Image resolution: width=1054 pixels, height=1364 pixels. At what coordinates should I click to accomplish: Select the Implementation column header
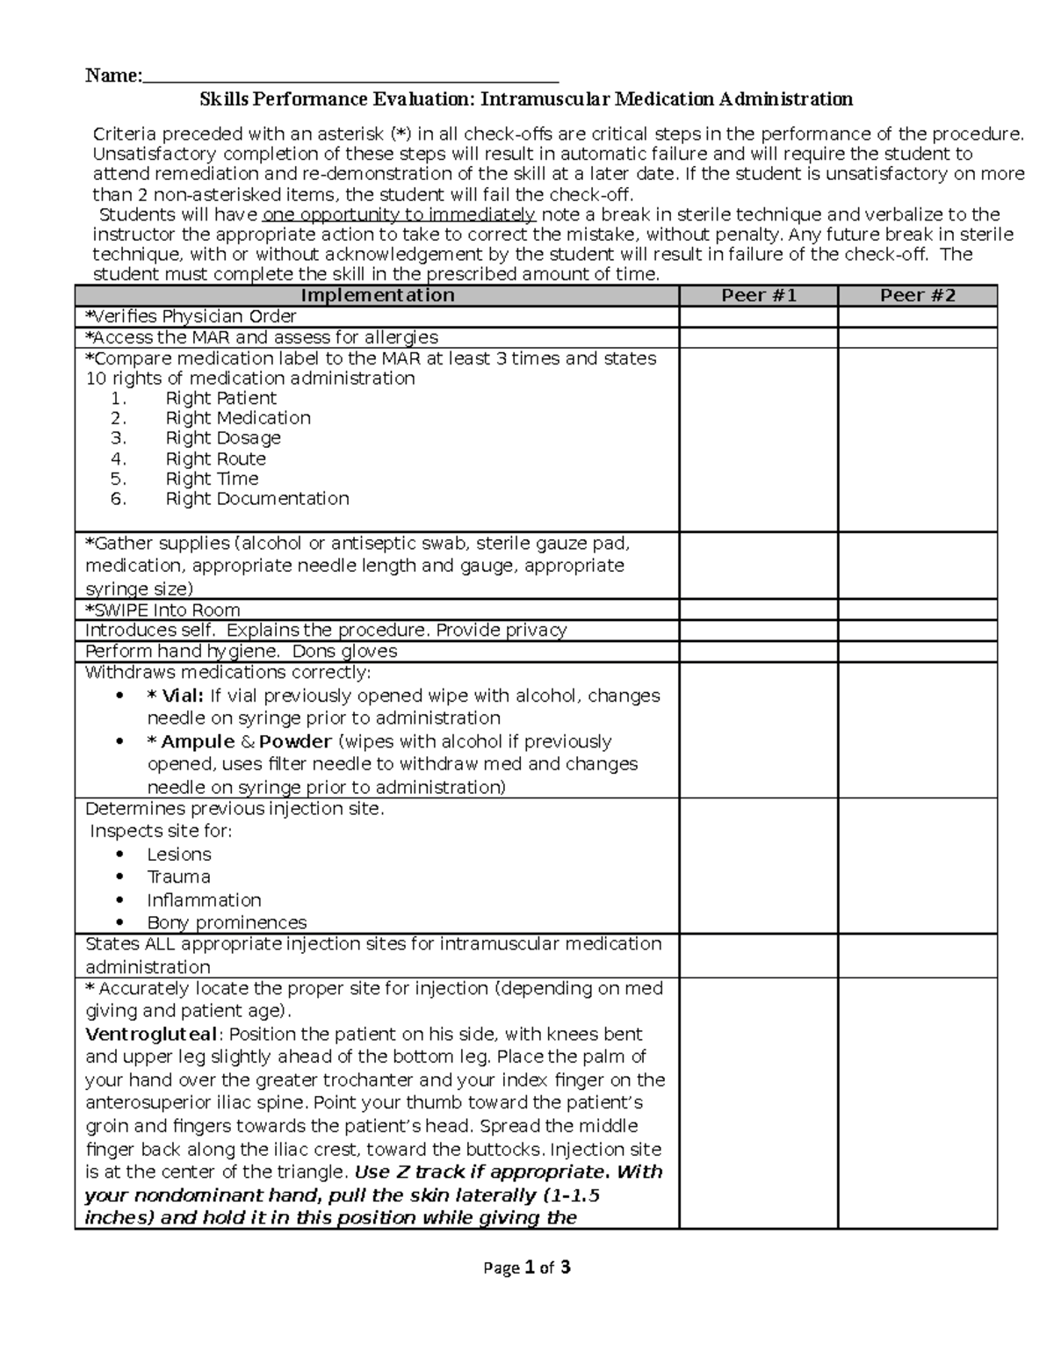[377, 296]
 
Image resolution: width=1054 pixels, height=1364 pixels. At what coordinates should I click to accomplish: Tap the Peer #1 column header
[758, 296]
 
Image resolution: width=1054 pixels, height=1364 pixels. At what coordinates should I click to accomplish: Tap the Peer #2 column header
[917, 296]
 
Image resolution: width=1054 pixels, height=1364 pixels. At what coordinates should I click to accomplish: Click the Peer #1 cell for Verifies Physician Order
[758, 317]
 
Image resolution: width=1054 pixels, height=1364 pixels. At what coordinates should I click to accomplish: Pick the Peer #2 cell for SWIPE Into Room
[917, 610]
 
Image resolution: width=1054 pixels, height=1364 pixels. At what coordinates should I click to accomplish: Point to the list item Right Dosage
[223, 438]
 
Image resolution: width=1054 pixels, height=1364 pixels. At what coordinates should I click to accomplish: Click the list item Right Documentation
[257, 499]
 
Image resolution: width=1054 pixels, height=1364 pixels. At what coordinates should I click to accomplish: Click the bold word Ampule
[198, 741]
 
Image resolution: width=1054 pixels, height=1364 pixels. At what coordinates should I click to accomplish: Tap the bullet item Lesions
[179, 855]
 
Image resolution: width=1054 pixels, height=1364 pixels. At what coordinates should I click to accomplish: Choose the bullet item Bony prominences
[227, 923]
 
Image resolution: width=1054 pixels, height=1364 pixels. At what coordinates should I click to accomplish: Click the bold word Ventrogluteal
[150, 1034]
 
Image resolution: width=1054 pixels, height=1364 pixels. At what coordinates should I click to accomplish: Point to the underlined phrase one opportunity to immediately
[399, 215]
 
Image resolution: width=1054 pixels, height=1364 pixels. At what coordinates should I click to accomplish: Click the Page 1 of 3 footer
[527, 1267]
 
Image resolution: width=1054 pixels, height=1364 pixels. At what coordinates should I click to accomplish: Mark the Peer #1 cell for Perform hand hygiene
[758, 652]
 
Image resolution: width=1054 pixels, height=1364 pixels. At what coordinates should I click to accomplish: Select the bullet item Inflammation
[204, 900]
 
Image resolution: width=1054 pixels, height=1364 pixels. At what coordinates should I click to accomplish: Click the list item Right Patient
[221, 398]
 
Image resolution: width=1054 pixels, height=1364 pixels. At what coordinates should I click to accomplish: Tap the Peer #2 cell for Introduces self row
[917, 631]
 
